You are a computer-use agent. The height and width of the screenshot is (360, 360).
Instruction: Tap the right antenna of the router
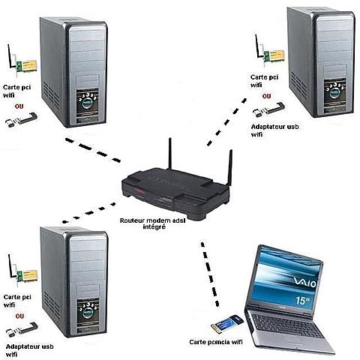click(229, 166)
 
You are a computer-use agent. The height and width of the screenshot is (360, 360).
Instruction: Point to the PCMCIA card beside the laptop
click(225, 325)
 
